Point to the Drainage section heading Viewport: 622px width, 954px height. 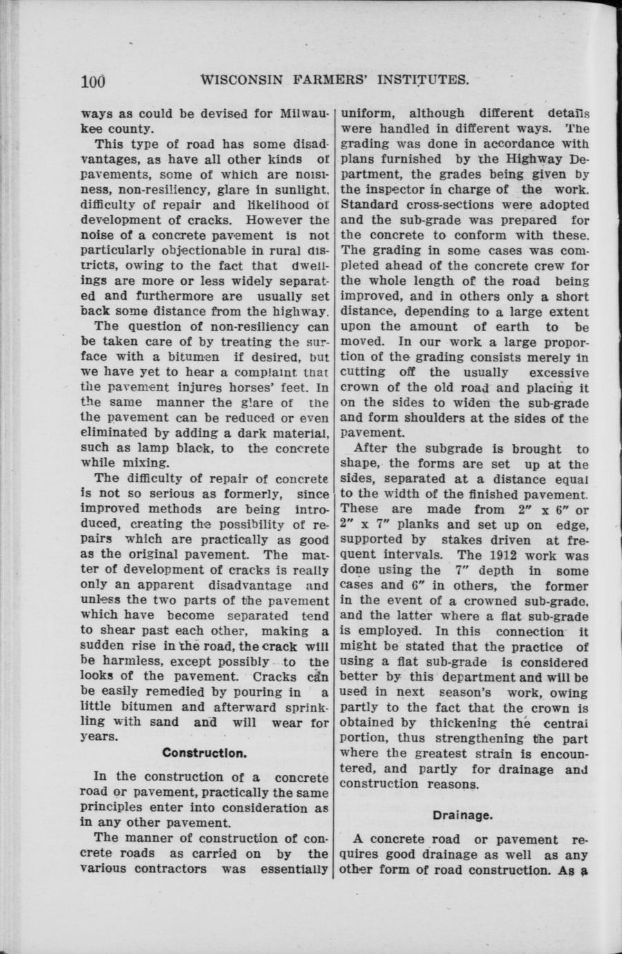coord(462,815)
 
